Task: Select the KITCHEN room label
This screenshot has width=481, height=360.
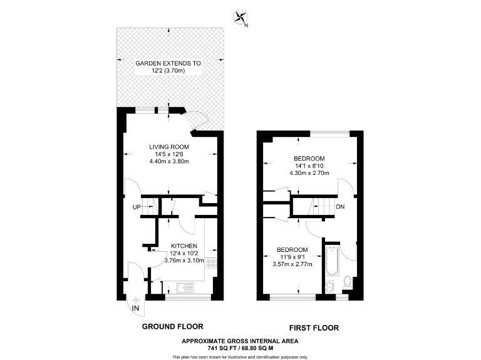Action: coord(184,246)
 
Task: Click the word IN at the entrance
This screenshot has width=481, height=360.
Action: coord(135,307)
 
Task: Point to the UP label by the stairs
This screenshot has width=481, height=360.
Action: coord(136,207)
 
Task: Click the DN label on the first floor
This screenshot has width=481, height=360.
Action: coord(339,207)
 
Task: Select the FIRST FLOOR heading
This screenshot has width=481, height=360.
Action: coord(314,327)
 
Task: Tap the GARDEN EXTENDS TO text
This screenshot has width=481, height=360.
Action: coord(169,64)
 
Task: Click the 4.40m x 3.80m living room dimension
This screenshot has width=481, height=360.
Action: coord(169,161)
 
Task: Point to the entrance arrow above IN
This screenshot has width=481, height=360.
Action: coord(135,299)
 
